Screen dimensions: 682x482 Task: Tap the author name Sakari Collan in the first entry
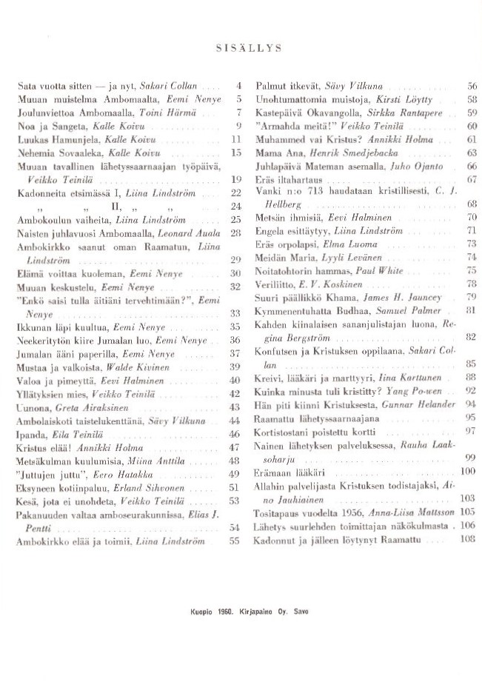(172, 87)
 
